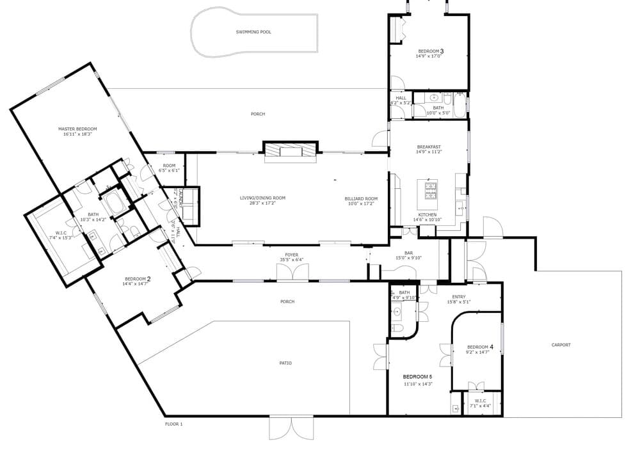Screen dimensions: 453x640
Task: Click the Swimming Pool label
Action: point(253,31)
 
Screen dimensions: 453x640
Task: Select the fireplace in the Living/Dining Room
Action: point(291,152)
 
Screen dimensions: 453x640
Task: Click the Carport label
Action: point(561,345)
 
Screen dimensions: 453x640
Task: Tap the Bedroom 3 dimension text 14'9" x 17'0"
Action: point(429,56)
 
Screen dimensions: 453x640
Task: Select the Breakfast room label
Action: point(429,147)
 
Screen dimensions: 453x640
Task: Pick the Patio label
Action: point(285,363)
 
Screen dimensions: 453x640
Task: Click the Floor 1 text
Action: point(174,424)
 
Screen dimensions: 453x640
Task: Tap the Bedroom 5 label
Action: point(418,376)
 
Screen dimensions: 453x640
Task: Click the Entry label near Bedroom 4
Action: point(459,296)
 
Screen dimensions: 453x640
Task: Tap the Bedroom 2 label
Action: point(138,278)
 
